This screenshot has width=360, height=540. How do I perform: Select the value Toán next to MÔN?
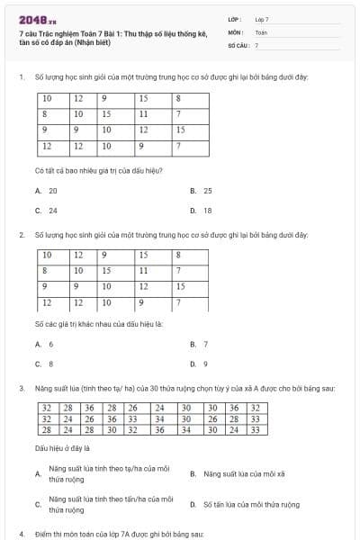click(261, 31)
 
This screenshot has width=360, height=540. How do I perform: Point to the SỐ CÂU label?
click(238, 44)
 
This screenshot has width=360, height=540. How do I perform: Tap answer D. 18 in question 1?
click(202, 211)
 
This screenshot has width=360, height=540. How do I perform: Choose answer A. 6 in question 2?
click(44, 344)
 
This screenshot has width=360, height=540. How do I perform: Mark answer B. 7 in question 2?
click(199, 344)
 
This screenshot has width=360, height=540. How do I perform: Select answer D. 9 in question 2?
click(199, 364)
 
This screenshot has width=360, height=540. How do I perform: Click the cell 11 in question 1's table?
click(144, 114)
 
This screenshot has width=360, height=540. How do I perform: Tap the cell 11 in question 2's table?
click(144, 270)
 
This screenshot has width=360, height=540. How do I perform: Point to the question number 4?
click(21, 534)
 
